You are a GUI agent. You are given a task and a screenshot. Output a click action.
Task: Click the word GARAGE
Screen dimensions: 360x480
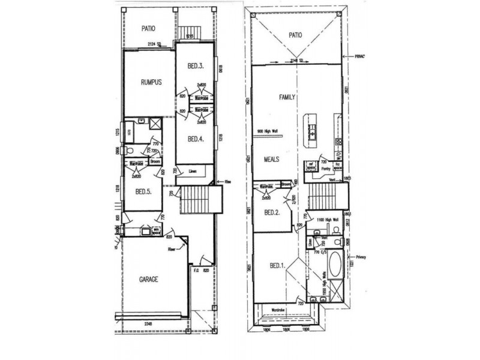pos(149,279)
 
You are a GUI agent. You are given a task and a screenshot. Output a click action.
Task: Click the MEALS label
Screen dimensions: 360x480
pos(273,160)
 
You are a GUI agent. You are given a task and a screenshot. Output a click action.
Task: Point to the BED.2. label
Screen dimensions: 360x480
pos(274,212)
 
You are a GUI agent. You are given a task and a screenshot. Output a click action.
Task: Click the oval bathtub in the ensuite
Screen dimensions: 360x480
pos(333,263)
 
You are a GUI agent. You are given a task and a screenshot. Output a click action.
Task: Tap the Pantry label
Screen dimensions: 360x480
pos(327,170)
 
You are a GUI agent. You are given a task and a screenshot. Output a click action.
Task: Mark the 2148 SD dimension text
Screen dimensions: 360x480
pos(298,60)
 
